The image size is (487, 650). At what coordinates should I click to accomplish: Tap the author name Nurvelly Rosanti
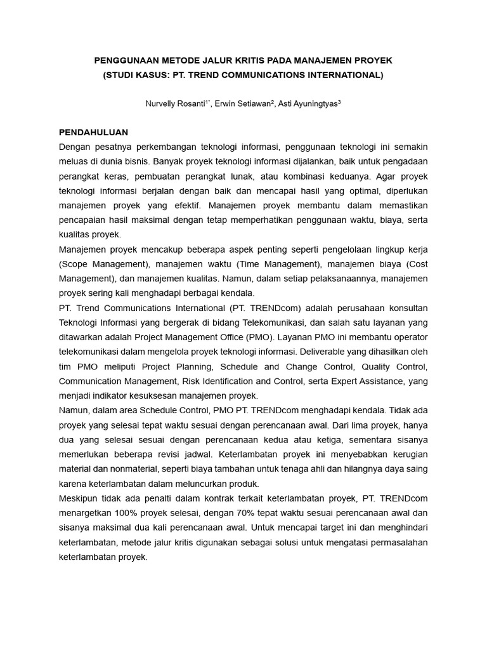[x=176, y=103]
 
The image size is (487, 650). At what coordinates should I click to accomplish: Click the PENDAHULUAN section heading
[x=93, y=132]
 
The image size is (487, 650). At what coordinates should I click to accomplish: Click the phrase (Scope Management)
[x=97, y=263]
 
